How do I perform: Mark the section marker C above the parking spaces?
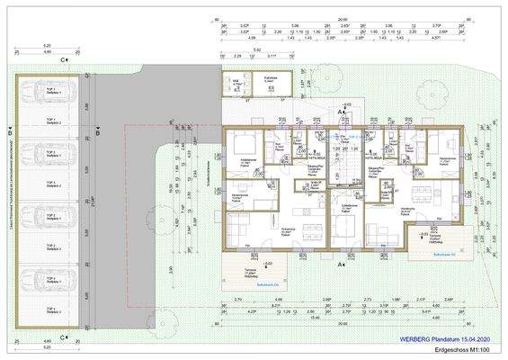tap(62, 60)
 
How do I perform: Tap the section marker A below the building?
tap(339, 265)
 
